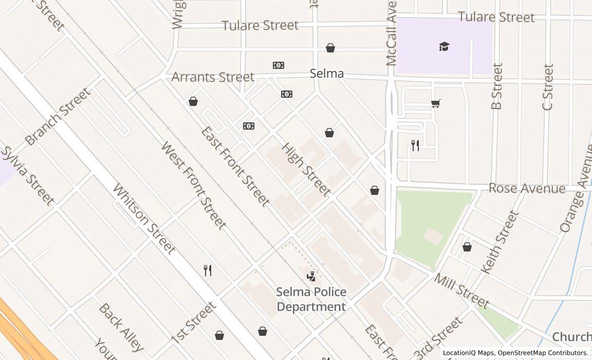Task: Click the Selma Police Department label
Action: (311, 299)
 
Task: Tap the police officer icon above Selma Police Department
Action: (311, 277)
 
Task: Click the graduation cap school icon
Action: (445, 47)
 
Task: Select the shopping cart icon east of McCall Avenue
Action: (436, 103)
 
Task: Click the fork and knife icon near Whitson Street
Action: (208, 271)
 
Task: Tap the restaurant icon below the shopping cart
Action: (415, 146)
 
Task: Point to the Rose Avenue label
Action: (527, 188)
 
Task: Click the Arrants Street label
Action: (213, 77)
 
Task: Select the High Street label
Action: (306, 170)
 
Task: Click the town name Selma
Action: (327, 74)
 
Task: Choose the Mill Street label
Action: (461, 291)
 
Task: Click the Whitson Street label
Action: (144, 219)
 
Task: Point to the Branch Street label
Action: (58, 116)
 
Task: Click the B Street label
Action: (496, 86)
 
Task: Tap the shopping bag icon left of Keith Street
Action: (467, 247)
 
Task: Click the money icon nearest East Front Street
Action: (249, 126)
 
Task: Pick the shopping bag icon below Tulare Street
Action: (330, 48)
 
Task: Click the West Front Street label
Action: (193, 185)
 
